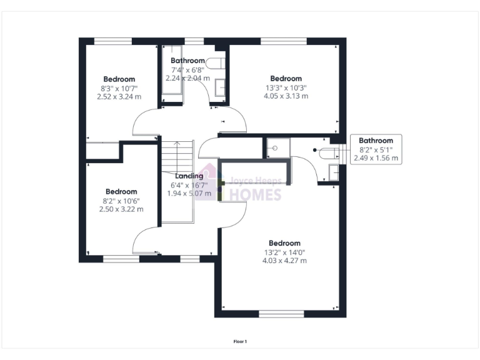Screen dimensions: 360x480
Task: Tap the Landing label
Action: pos(189,176)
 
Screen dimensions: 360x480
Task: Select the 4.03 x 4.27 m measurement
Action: pos(284,261)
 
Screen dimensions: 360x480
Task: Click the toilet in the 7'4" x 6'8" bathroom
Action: pos(216,63)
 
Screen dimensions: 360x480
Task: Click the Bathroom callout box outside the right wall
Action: pos(376,149)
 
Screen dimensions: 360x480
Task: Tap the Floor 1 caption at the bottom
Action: pos(240,341)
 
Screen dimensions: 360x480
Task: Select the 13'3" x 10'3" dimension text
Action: pos(286,88)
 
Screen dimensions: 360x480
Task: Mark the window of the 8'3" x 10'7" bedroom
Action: pos(113,41)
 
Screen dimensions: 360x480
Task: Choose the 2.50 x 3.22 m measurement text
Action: pos(121,209)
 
